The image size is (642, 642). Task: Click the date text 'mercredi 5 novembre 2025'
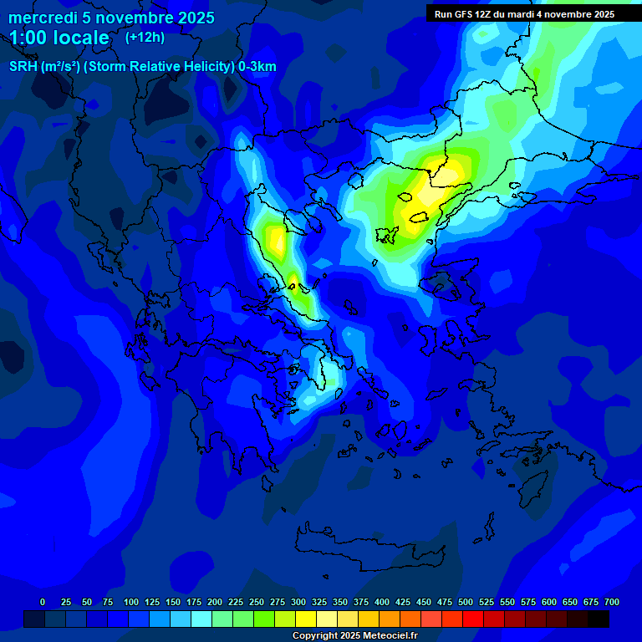click(x=111, y=18)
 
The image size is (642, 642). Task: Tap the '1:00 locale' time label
click(x=59, y=38)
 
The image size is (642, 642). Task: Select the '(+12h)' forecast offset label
click(x=145, y=37)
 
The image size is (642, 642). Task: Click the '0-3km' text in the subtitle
click(x=257, y=67)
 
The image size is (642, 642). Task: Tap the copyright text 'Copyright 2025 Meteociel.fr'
click(x=354, y=635)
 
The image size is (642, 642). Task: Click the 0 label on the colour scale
click(x=43, y=602)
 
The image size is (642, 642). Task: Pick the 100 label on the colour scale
click(x=131, y=602)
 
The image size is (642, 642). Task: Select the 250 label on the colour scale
click(x=257, y=602)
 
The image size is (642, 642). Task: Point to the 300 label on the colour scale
click(x=298, y=602)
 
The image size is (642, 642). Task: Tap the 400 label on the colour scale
click(x=382, y=602)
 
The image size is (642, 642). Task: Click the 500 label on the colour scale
click(x=466, y=602)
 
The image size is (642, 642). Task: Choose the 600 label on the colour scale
click(x=549, y=602)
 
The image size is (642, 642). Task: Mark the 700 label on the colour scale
click(x=612, y=602)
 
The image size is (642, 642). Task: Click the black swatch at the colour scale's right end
click(x=599, y=619)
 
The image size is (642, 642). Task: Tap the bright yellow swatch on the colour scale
click(x=306, y=619)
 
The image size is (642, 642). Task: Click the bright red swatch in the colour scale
click(x=473, y=619)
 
